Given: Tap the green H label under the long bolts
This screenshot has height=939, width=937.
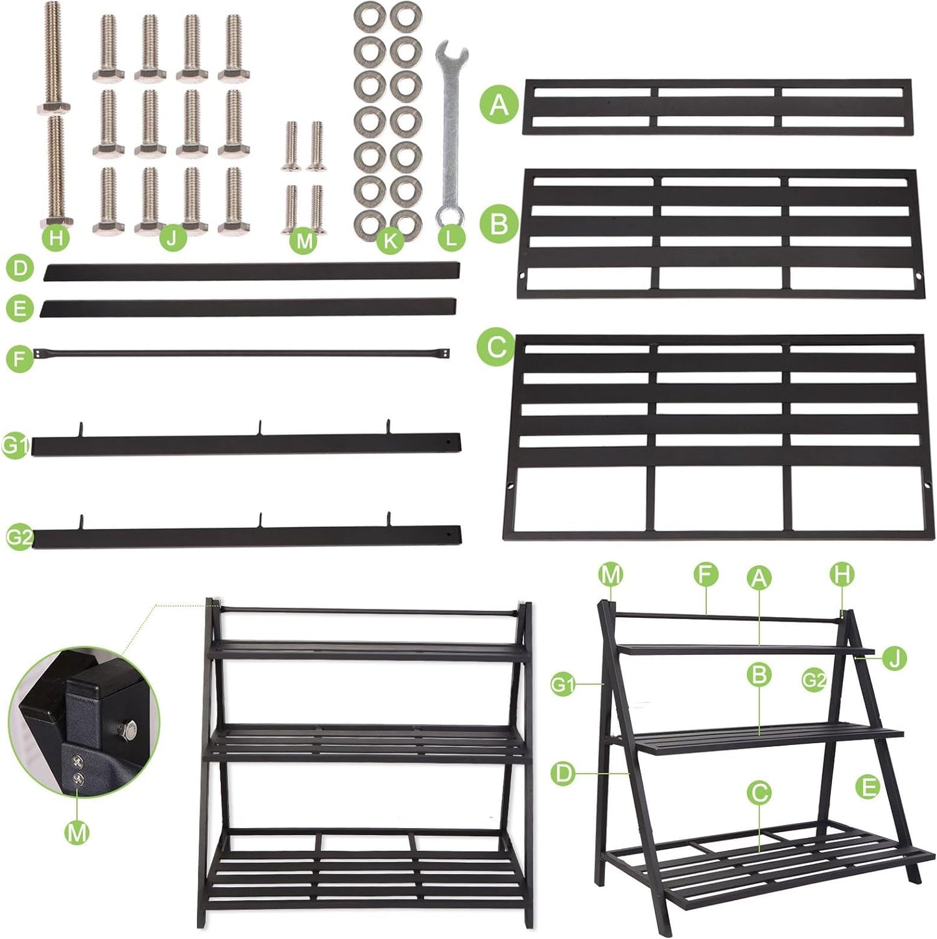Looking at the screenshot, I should [56, 238].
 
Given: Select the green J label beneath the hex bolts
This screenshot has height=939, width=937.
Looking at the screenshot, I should [172, 238].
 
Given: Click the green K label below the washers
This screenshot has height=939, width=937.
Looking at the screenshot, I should [390, 241].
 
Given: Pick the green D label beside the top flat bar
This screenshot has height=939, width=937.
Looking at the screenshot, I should [19, 268].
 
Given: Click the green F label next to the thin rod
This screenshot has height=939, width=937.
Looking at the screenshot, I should [19, 358].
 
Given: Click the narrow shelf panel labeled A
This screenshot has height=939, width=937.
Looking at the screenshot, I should [717, 107].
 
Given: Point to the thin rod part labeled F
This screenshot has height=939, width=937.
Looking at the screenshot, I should [246, 354].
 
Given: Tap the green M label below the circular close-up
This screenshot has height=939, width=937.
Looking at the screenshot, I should [77, 831].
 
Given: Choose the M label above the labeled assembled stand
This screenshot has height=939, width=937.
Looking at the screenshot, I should [611, 574].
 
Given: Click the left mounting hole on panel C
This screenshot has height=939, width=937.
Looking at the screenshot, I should [511, 485].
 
